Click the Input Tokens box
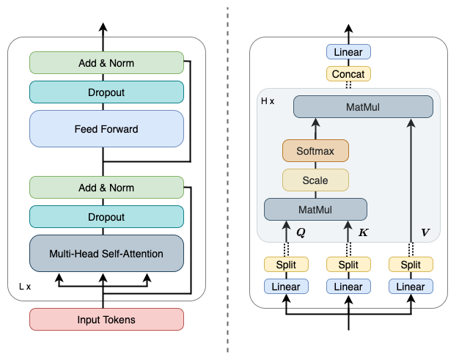click(106, 320)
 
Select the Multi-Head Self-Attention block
click(106, 254)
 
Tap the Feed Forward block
click(106, 129)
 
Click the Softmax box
click(315, 151)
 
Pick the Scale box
click(315, 180)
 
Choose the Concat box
click(348, 74)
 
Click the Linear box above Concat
click(348, 52)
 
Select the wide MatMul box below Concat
click(363, 107)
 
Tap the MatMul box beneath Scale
click(315, 210)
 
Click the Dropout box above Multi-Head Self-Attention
click(106, 217)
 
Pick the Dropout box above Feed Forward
click(106, 92)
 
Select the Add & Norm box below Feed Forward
click(106, 188)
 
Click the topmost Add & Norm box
click(106, 62)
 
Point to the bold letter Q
click(301, 232)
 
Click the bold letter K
click(363, 232)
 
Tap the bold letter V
click(425, 232)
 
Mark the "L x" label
click(25, 287)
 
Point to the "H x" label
click(268, 101)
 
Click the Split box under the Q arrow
click(286, 265)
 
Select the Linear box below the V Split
click(411, 287)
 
